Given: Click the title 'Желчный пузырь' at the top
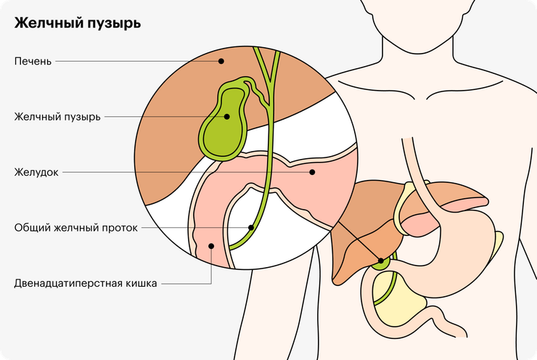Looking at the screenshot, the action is coord(78,23).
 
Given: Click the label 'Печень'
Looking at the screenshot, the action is coord(33,61).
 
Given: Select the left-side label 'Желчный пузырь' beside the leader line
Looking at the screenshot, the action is coord(57,117).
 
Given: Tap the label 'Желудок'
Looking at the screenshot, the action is coord(36,172).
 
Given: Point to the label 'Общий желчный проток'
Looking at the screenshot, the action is coord(75,227).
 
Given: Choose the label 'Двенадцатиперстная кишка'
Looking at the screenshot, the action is coord(86,283).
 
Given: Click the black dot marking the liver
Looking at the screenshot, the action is coord(221,61).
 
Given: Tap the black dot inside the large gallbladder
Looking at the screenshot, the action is coord(226,117).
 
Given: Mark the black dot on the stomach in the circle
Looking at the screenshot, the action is coord(312,172).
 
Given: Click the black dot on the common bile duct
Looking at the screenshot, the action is coord(251,227).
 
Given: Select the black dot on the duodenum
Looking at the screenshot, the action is coord(211,246).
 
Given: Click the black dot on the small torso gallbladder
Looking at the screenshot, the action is coord(381,261).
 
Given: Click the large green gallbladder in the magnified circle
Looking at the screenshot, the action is coord(224,127).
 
